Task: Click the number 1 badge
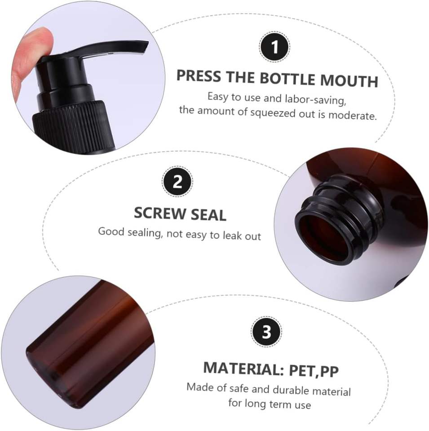click(274, 47)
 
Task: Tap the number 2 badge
click(177, 181)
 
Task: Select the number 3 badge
click(266, 332)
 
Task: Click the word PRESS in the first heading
click(199, 75)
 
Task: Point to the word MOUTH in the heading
click(349, 80)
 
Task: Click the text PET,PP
click(314, 371)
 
